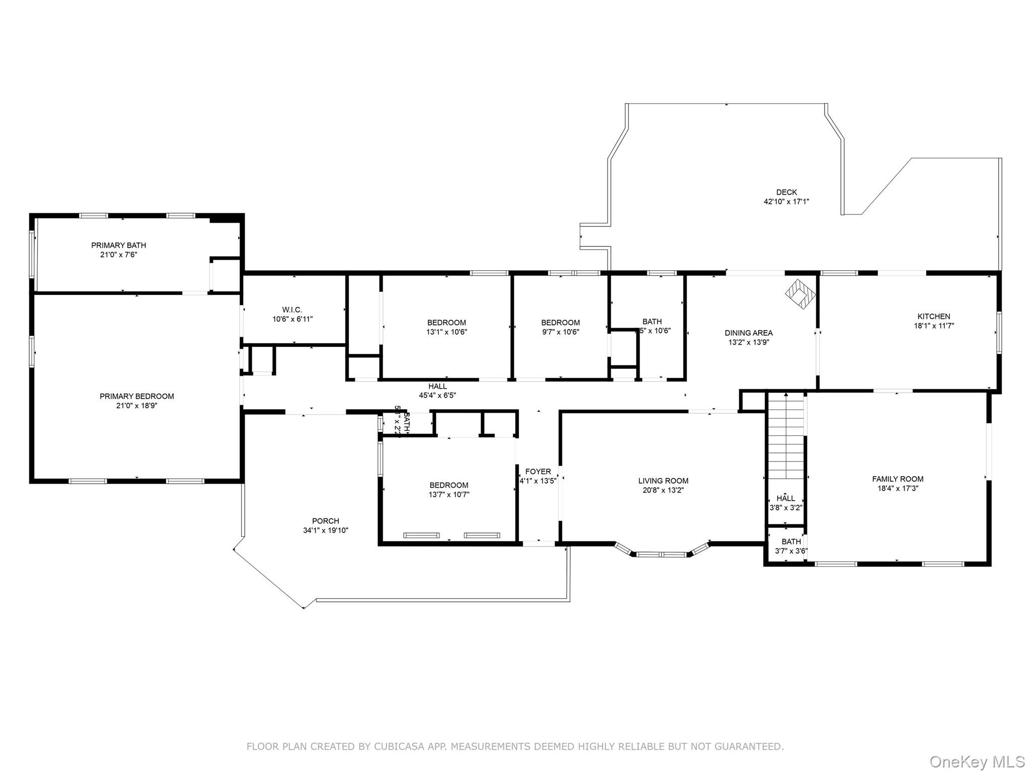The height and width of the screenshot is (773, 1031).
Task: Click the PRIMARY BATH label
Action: [x=118, y=245]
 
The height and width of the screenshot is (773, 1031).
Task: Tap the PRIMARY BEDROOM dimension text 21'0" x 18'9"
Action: [x=136, y=406]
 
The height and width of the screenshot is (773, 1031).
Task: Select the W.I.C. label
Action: [x=292, y=310]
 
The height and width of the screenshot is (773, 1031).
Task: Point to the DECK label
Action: [x=786, y=192]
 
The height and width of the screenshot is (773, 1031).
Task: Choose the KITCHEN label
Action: [x=934, y=317]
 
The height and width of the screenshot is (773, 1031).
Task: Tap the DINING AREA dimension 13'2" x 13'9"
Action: [x=749, y=342]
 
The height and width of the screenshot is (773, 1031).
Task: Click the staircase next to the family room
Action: [x=785, y=435]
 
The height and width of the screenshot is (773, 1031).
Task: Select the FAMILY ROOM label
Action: [x=898, y=479]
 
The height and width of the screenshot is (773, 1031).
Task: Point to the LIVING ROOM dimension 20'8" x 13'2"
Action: [x=663, y=490]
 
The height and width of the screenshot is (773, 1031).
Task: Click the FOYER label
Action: [x=538, y=472]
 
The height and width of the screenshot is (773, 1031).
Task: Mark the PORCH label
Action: [x=325, y=521]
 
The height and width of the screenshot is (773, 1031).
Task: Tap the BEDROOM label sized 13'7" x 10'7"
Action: [x=449, y=485]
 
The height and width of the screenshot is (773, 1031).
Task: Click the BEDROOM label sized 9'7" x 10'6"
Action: [x=560, y=323]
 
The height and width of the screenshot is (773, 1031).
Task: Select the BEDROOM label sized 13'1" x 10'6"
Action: [x=447, y=323]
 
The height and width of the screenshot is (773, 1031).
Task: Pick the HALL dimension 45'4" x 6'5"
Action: [x=437, y=396]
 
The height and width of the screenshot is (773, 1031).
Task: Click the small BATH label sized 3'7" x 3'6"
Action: [x=791, y=542]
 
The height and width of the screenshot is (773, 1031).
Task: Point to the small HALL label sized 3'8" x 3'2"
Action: [x=785, y=498]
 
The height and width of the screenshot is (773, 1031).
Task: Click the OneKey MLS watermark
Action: [x=977, y=761]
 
